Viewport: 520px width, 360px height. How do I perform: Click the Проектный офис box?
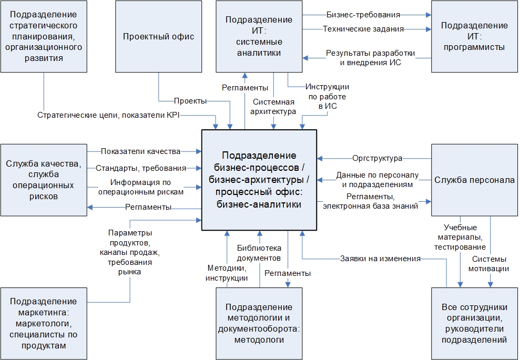(159, 36)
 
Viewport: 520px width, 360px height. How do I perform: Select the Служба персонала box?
(474, 180)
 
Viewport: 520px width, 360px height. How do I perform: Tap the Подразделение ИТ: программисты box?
(474, 36)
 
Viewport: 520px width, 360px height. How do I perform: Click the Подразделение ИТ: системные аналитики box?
(259, 36)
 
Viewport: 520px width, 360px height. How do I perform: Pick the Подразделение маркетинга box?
(44, 323)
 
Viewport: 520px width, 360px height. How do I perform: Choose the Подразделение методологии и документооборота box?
(259, 323)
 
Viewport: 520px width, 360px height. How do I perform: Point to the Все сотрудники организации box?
(474, 323)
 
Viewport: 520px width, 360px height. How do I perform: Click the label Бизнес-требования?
(363, 15)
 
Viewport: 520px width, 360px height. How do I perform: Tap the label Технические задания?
(363, 29)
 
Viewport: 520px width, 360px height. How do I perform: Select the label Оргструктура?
(378, 158)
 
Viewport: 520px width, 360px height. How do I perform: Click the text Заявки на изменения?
(380, 259)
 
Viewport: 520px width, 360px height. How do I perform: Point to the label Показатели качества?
(140, 151)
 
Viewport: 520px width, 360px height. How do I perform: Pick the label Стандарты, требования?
(141, 168)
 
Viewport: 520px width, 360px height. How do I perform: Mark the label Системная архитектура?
(274, 106)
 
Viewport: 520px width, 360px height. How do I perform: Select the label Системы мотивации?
(490, 264)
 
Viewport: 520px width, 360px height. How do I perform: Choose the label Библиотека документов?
(259, 253)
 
